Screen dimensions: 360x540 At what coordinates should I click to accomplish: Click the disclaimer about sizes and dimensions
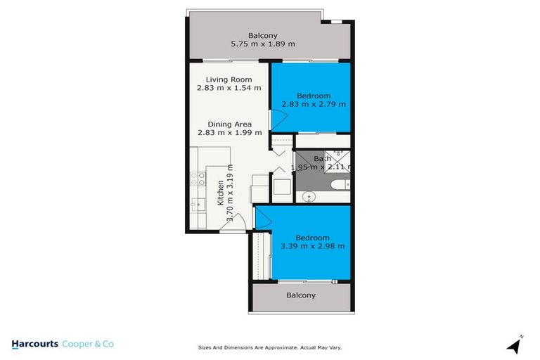269,347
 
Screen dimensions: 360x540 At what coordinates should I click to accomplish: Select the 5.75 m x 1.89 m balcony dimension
263,44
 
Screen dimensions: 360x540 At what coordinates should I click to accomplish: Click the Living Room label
229,79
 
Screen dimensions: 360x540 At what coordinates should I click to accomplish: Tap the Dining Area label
229,124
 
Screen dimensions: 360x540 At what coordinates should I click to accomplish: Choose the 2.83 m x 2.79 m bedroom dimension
314,104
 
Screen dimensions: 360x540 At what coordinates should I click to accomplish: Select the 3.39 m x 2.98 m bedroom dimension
312,246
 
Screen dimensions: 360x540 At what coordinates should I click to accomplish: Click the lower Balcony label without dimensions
300,295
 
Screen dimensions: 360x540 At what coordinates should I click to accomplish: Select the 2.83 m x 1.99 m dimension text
229,132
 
